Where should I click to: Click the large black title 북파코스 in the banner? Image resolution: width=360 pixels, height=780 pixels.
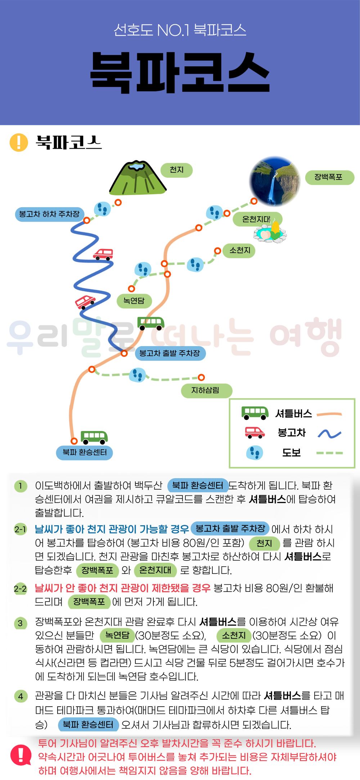(x=180, y=73)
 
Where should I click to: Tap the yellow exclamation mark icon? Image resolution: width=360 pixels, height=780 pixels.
(x=19, y=142)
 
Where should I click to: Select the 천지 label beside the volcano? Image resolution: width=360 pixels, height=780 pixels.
(x=177, y=170)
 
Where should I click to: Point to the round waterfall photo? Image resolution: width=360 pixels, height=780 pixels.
(x=275, y=182)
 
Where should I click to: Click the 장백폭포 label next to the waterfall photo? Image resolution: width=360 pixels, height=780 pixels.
(x=329, y=177)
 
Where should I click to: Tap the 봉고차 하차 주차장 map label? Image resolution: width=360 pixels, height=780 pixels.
(x=50, y=214)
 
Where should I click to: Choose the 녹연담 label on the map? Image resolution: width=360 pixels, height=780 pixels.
(x=134, y=301)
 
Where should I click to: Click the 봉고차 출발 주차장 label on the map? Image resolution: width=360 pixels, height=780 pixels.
(x=170, y=353)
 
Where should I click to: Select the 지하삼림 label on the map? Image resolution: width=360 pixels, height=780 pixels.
(x=206, y=390)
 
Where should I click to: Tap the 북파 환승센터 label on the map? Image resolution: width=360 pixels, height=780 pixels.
(x=85, y=452)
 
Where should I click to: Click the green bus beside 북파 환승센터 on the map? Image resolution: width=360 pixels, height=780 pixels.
(x=94, y=437)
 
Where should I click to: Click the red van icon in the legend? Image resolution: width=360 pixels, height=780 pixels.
(x=255, y=432)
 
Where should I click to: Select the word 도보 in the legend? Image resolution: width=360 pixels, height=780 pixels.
(x=292, y=453)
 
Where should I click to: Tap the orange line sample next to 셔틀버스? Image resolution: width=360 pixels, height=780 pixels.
(x=329, y=414)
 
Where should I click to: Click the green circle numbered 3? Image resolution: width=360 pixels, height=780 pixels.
(x=21, y=623)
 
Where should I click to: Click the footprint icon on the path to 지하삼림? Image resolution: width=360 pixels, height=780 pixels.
(x=137, y=375)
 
